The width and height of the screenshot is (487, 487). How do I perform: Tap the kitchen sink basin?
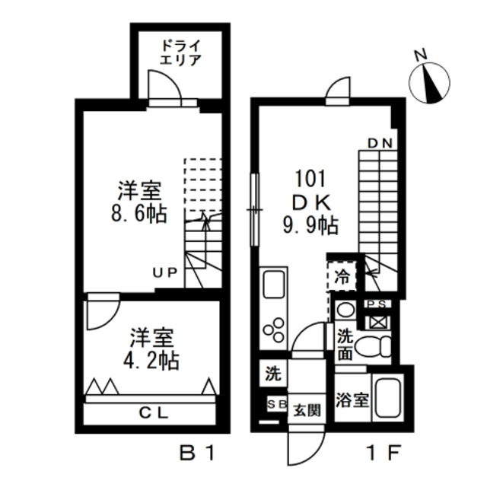(272, 290)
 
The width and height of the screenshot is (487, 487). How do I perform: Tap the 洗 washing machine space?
(272, 374)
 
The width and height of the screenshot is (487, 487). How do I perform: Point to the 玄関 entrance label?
(307, 409)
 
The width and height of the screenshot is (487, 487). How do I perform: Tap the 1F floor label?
(381, 454)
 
